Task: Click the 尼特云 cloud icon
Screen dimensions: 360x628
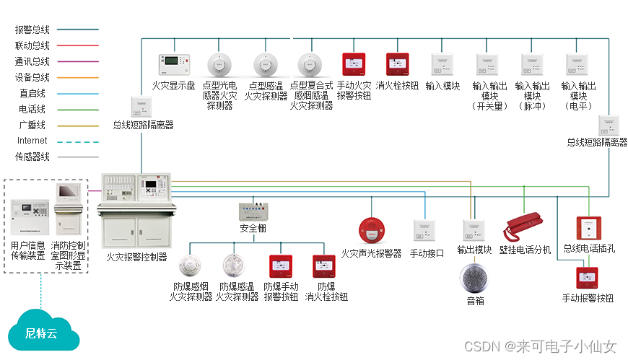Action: pyautogui.click(x=40, y=333)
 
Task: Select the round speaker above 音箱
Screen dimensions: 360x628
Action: pyautogui.click(x=475, y=278)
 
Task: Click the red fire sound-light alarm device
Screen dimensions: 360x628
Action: pyautogui.click(x=370, y=231)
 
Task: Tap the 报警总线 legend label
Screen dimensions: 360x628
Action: pyautogui.click(x=32, y=30)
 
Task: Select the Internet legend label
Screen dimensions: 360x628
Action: pyautogui.click(x=32, y=141)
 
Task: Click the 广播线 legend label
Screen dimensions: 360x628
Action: pyautogui.click(x=32, y=125)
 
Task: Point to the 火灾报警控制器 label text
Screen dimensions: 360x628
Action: pyautogui.click(x=136, y=256)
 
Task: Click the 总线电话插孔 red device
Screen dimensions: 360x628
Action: pyautogui.click(x=589, y=228)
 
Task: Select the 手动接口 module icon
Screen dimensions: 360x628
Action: pyautogui.click(x=424, y=231)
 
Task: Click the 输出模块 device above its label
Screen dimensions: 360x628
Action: pyautogui.click(x=474, y=231)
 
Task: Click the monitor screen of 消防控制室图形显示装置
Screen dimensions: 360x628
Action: pyautogui.click(x=70, y=192)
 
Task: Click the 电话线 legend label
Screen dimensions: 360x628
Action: pyautogui.click(x=32, y=109)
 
